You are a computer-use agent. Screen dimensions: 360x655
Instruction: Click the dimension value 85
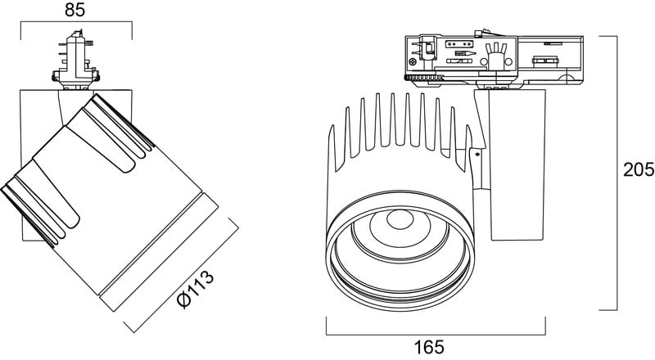coord(75,11)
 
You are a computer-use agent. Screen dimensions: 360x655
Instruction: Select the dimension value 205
coord(637,170)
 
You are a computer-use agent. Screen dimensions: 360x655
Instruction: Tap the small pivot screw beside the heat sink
coord(477,152)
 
